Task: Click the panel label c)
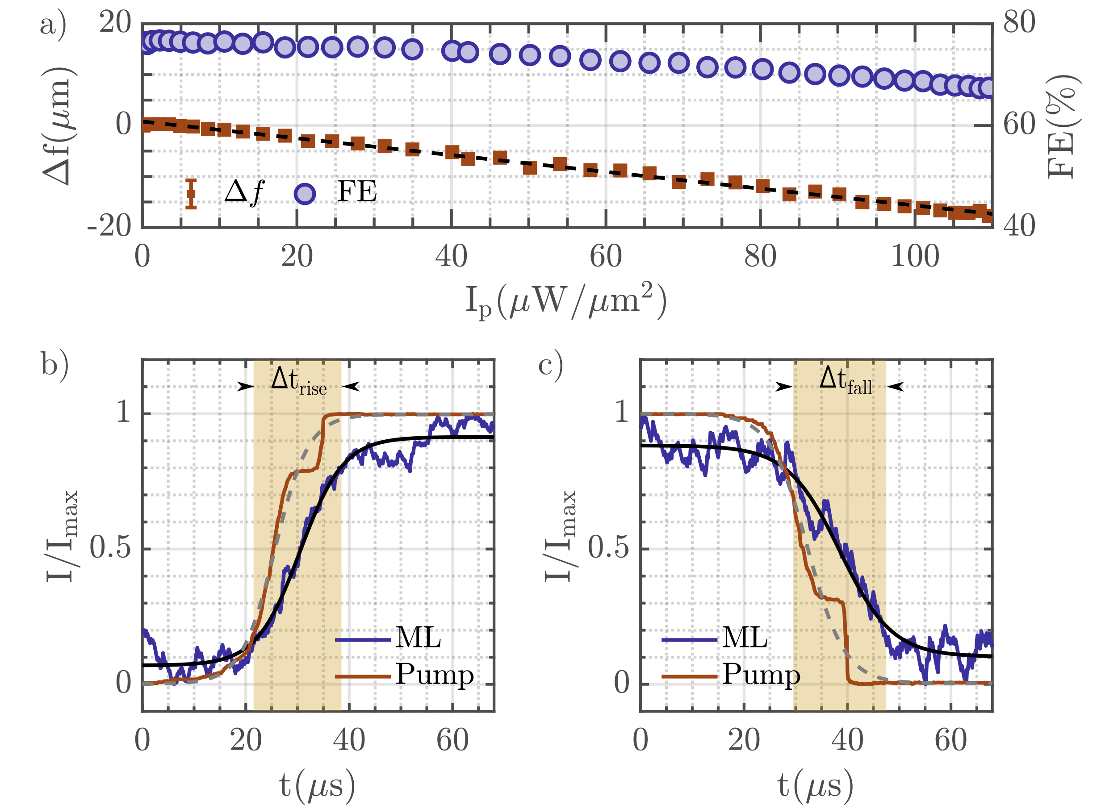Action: (x=551, y=364)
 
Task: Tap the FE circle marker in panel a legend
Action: (x=305, y=194)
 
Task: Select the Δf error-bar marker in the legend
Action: (x=191, y=194)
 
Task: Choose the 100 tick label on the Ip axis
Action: (x=915, y=257)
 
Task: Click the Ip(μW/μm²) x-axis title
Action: (x=566, y=300)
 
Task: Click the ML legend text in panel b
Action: (x=418, y=638)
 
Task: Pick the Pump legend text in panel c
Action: (x=761, y=674)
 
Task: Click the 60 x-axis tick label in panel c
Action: (x=950, y=740)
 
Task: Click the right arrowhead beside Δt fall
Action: (x=896, y=387)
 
